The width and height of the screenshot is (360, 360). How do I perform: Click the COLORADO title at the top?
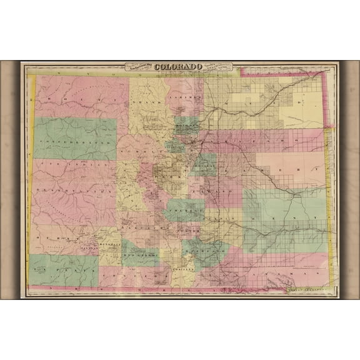[x=178, y=67]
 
